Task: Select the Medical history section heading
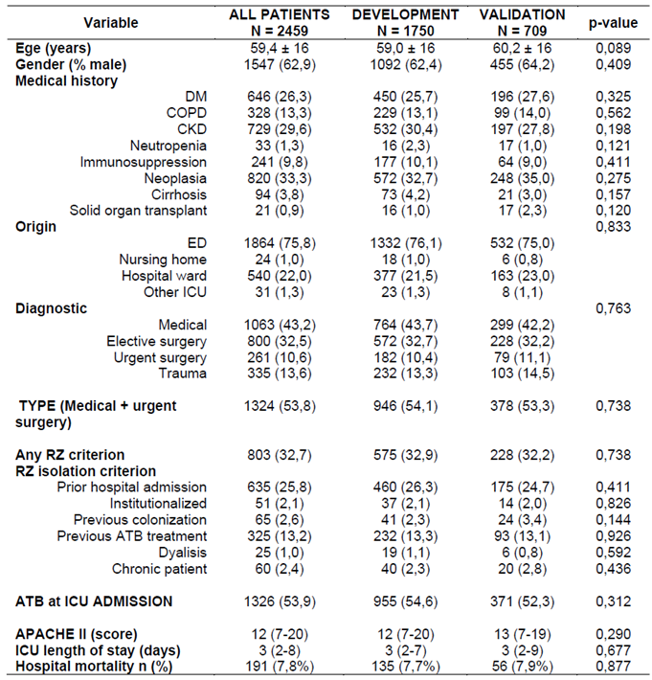click(67, 81)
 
